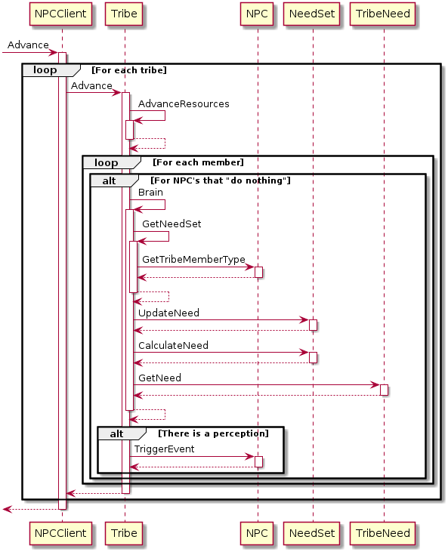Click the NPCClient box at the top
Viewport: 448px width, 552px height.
60,14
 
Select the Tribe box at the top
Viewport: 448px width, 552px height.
124,14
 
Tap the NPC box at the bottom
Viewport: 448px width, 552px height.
257,533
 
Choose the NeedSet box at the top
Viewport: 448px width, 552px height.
312,14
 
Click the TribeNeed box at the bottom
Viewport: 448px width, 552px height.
383,533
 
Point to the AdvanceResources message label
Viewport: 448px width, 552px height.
184,104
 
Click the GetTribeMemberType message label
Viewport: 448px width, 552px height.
193,260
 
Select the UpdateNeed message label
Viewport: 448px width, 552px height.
168,313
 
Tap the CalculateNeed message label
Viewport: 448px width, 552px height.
173,345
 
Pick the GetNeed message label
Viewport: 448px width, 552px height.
159,378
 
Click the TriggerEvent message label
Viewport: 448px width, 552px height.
164,449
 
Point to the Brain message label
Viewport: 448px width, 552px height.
150,193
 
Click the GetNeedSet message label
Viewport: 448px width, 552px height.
171,224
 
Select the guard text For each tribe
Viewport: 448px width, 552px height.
129,70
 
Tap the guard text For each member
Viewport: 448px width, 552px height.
198,162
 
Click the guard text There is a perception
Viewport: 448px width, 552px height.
214,433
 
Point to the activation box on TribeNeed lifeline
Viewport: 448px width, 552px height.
384,390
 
